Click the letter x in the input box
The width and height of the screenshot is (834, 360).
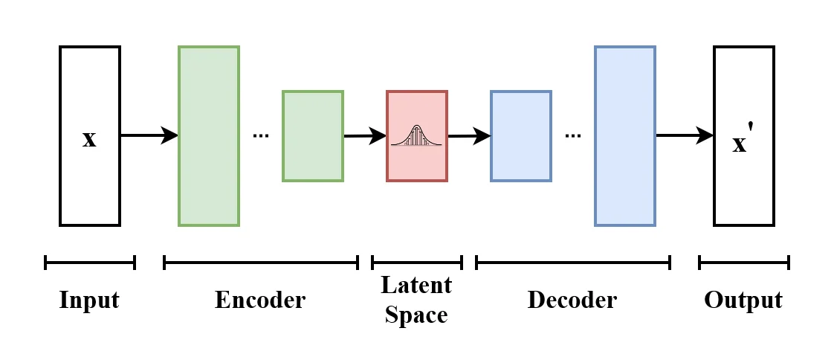click(x=89, y=139)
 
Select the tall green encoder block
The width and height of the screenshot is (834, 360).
click(x=209, y=136)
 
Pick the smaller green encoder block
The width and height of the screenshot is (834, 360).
click(x=313, y=136)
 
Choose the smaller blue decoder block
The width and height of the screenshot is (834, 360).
click(x=521, y=136)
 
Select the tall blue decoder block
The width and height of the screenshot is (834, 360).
click(x=625, y=136)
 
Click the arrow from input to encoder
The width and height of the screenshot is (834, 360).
click(x=149, y=135)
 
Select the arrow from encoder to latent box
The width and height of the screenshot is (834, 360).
click(x=365, y=136)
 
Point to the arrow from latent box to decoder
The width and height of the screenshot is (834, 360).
click(x=469, y=136)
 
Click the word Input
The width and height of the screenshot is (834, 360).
click(x=89, y=300)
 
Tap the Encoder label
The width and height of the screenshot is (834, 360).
click(x=260, y=300)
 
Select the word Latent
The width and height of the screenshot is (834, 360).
click(x=416, y=285)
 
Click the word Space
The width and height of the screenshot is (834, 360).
click(x=416, y=315)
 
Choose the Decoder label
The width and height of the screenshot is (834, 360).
click(x=572, y=300)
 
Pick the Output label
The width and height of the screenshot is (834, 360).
click(x=743, y=300)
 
